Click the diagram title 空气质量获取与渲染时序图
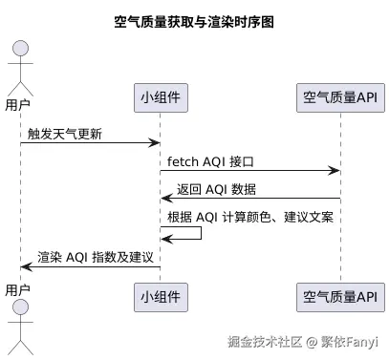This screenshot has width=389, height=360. pos(194,21)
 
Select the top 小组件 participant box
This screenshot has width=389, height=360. pos(160,96)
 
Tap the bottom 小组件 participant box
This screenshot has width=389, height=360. pos(160,295)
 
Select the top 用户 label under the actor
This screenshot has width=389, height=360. pos(18,104)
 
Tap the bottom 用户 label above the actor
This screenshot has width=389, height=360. pos(18,289)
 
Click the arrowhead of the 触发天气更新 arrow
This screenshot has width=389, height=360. pos(154,143)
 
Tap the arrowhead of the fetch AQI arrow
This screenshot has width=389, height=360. pos(335,171)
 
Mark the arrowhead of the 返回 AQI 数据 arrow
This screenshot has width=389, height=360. pos(166,199)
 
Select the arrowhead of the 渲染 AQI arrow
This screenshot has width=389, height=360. pos(26,266)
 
